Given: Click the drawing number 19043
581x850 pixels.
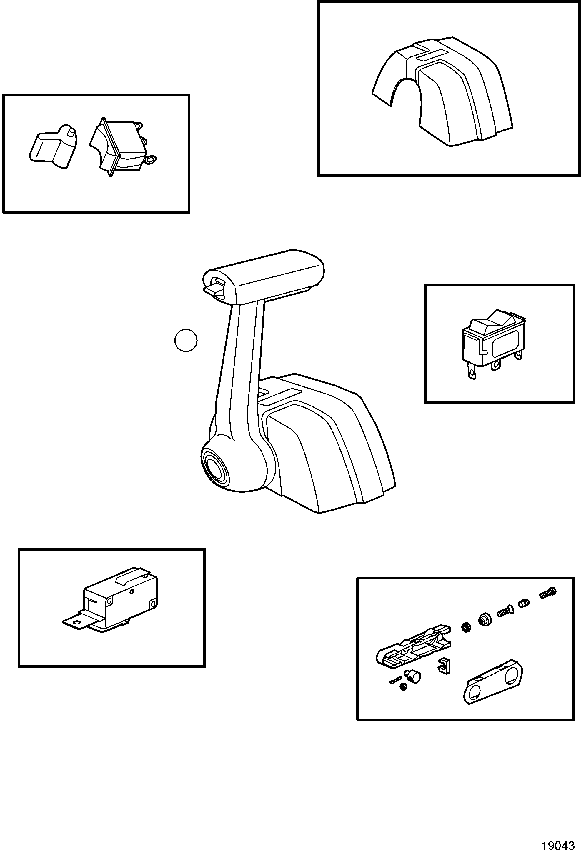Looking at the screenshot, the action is point(560,841).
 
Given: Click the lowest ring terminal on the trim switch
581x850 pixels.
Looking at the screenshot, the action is point(150,159).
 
